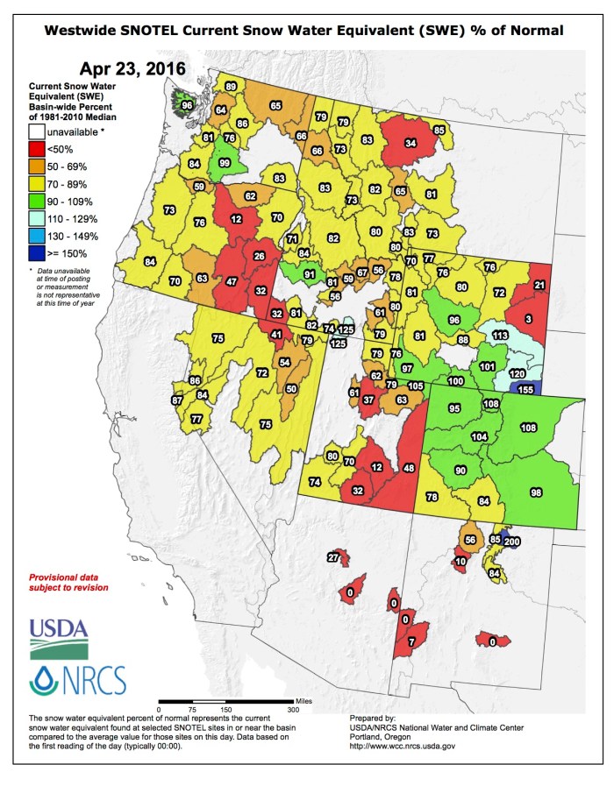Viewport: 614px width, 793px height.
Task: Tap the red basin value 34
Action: coord(411,143)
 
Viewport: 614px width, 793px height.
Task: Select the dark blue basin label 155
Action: coord(525,389)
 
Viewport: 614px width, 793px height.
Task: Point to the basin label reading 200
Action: coord(512,542)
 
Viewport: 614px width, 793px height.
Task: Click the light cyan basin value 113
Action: coord(500,336)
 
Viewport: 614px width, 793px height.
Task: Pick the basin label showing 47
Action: coord(231,282)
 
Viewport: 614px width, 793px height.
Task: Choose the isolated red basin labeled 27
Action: coord(333,557)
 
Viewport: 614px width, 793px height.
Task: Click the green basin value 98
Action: coord(537,493)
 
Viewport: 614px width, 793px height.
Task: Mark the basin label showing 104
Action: coord(479,436)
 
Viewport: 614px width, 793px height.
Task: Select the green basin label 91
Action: coord(309,274)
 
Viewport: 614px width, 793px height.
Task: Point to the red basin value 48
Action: coord(409,468)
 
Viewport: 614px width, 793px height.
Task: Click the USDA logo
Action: coord(59,638)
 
